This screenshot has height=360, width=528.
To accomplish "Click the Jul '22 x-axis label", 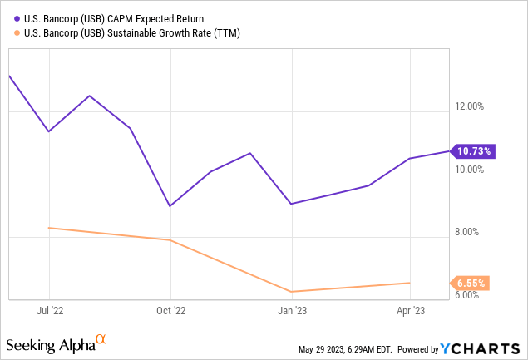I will point(50,312).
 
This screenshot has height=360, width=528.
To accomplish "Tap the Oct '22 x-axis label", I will point(170,312).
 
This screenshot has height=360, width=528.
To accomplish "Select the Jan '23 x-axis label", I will point(292,312).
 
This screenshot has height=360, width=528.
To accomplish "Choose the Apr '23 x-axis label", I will point(411,312).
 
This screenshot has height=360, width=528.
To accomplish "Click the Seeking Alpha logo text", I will point(50,344).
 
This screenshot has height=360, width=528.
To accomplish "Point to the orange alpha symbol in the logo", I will point(101,339).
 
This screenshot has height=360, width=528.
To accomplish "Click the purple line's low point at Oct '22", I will point(170,206).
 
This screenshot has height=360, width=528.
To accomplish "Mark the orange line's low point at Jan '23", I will point(292,292).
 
